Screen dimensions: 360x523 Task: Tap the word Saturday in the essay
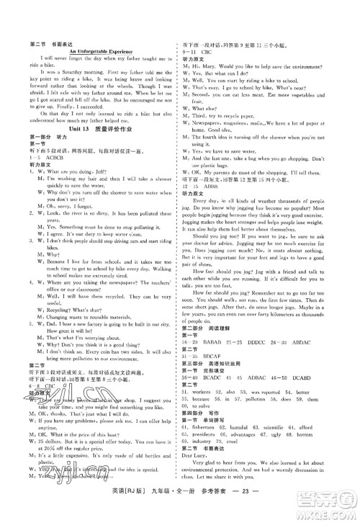pos(73,72)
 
